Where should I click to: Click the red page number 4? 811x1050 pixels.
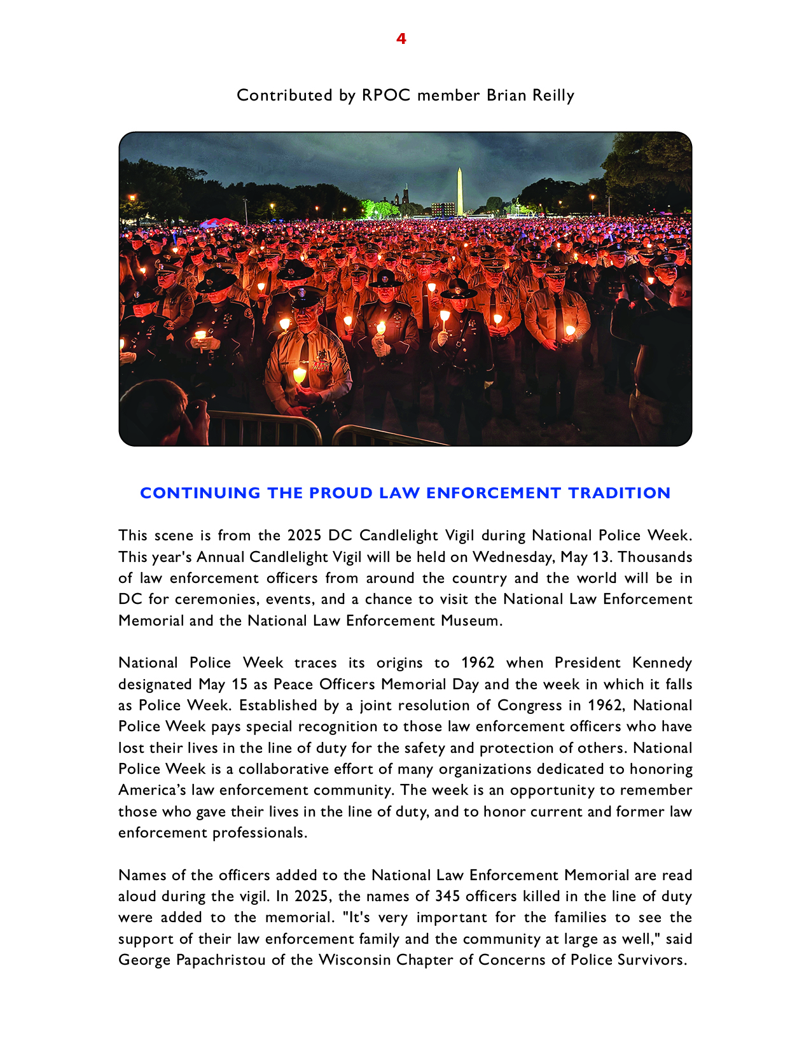click(401, 39)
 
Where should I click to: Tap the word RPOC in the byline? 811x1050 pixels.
click(385, 95)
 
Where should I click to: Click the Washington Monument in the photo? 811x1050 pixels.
click(459, 191)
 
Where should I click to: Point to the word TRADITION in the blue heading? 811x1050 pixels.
click(619, 493)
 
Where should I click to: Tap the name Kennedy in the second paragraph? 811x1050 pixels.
click(662, 663)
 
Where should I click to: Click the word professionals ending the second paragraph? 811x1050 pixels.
click(260, 833)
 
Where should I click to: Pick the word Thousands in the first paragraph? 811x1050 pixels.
click(655, 557)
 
